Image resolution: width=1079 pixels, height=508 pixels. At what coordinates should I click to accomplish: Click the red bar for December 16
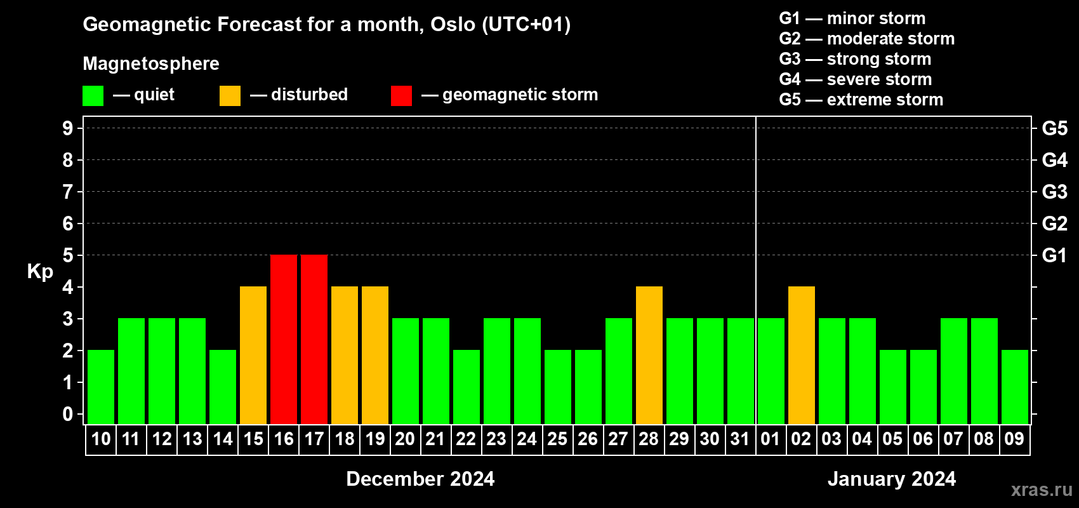[284, 339]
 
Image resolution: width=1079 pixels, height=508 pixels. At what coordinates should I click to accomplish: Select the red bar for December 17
[314, 339]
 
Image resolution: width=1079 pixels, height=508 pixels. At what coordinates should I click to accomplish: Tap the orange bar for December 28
[649, 355]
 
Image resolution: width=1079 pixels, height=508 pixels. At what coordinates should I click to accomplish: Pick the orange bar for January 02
[802, 355]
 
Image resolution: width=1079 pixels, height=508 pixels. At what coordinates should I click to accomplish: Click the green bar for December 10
[101, 387]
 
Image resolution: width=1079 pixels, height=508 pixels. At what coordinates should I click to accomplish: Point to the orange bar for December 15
[253, 355]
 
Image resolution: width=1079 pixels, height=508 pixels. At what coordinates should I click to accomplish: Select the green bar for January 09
[1015, 387]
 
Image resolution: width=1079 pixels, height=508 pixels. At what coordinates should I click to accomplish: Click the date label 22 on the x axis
[466, 439]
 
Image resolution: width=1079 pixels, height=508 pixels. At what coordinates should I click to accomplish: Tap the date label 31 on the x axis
[740, 439]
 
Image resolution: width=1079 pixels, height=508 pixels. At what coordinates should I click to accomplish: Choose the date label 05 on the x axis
[892, 439]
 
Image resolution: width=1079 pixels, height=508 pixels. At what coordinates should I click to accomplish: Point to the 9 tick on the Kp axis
[68, 128]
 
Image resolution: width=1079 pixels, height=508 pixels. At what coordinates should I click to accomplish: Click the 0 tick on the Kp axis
[68, 414]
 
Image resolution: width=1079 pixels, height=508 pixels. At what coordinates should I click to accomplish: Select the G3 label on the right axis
[1055, 192]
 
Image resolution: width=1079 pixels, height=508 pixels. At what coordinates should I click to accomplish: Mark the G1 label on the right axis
[1055, 255]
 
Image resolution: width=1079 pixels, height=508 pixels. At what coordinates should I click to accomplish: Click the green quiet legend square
[93, 95]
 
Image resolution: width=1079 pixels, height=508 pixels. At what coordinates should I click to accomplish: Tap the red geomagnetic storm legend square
[402, 95]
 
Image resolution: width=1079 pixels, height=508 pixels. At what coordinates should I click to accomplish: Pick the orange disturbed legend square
[230, 95]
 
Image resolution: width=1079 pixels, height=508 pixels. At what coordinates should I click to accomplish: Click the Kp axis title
[40, 272]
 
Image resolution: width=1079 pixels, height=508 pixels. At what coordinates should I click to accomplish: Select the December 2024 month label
[421, 479]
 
